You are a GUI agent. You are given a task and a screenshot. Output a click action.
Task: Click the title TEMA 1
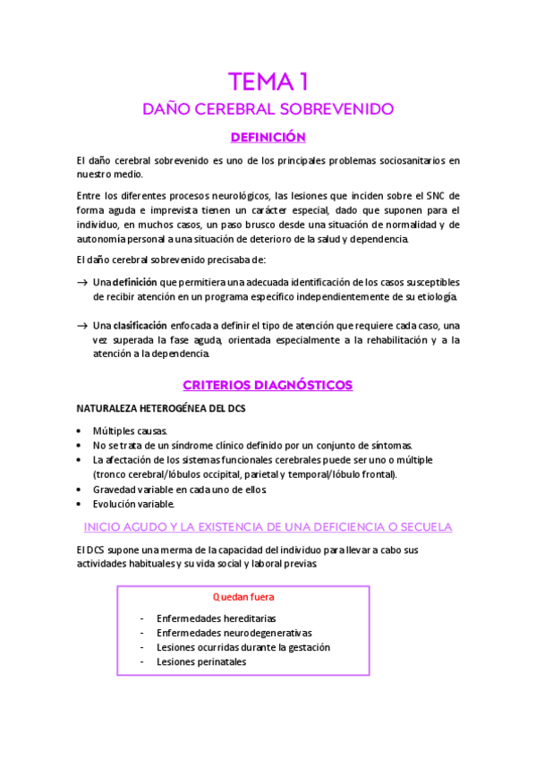click(x=268, y=82)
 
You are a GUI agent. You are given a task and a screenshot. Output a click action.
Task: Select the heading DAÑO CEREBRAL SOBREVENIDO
click(x=268, y=110)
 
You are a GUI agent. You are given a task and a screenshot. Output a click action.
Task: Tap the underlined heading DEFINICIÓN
click(x=268, y=137)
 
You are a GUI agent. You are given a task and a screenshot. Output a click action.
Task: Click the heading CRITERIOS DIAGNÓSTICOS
click(x=268, y=386)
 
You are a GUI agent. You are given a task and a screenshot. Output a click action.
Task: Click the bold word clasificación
click(x=140, y=326)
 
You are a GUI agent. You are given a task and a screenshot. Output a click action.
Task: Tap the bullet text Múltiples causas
click(x=130, y=431)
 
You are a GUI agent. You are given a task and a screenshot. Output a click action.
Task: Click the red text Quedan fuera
click(x=243, y=596)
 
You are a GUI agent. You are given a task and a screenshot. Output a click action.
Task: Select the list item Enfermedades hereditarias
click(x=216, y=618)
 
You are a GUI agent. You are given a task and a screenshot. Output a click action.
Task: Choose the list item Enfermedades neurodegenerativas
click(x=229, y=633)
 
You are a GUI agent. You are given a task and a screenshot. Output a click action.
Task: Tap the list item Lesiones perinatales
click(x=201, y=662)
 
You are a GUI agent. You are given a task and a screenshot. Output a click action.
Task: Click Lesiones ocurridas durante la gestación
click(x=243, y=647)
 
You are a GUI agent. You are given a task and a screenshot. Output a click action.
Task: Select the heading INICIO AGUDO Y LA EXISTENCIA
click(x=268, y=527)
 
